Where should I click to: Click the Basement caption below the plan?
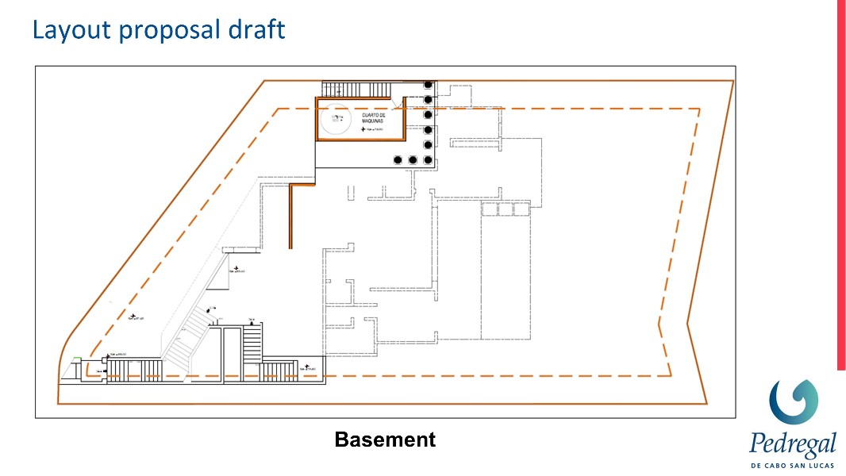coord(385,440)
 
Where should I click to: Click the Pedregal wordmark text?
coord(792,443)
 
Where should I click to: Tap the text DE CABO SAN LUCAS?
coord(792,464)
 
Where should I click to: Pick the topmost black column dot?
coord(429,84)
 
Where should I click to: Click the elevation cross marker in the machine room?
coord(363,129)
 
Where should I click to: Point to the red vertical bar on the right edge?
coord(841,182)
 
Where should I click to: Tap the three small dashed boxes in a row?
coord(505,209)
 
